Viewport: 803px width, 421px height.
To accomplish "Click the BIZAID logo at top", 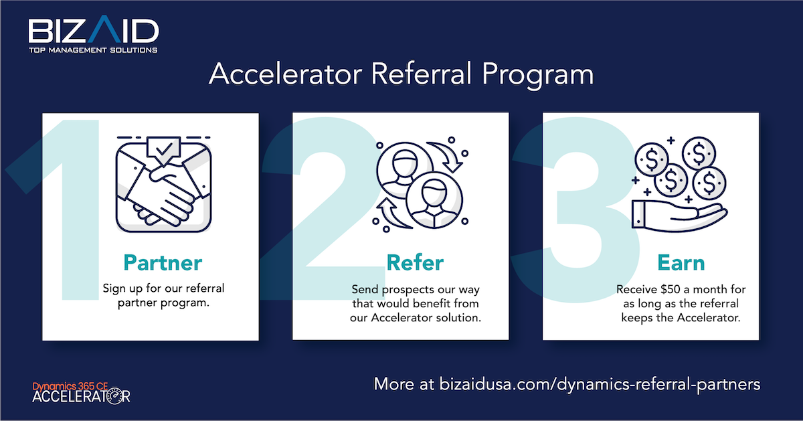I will point(93,31).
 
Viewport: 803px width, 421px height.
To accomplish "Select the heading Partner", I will point(163,261).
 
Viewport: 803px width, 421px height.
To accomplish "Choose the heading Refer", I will point(415,262).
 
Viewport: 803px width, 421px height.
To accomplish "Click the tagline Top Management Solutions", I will point(93,50).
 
